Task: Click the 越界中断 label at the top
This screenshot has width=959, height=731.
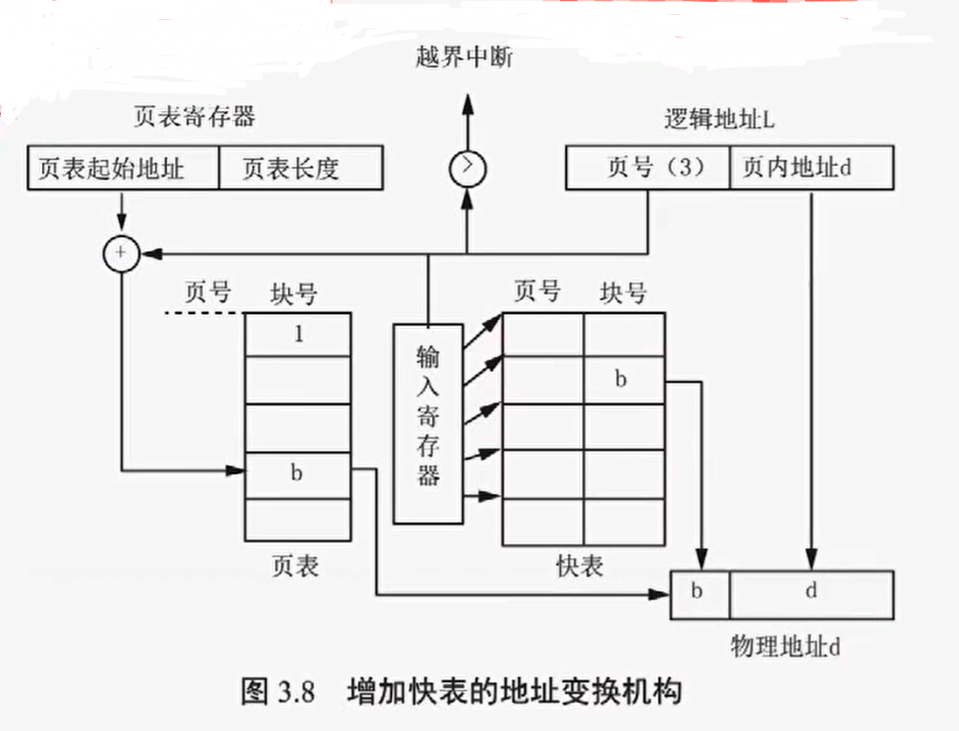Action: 465,58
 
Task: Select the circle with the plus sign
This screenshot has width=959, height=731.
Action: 121,254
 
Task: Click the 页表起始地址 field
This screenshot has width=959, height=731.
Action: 122,168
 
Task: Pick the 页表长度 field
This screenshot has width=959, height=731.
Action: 299,168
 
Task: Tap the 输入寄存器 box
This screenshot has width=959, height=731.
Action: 428,423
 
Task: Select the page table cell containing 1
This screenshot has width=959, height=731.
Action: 297,334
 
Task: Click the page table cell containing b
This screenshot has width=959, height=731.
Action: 297,474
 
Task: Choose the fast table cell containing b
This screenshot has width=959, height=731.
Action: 623,380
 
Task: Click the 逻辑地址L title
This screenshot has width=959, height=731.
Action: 719,120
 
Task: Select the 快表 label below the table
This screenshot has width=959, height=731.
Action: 579,567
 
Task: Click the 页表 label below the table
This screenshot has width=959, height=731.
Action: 296,567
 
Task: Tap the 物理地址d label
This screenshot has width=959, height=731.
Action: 785,648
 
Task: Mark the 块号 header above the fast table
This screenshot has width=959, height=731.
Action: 623,293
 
